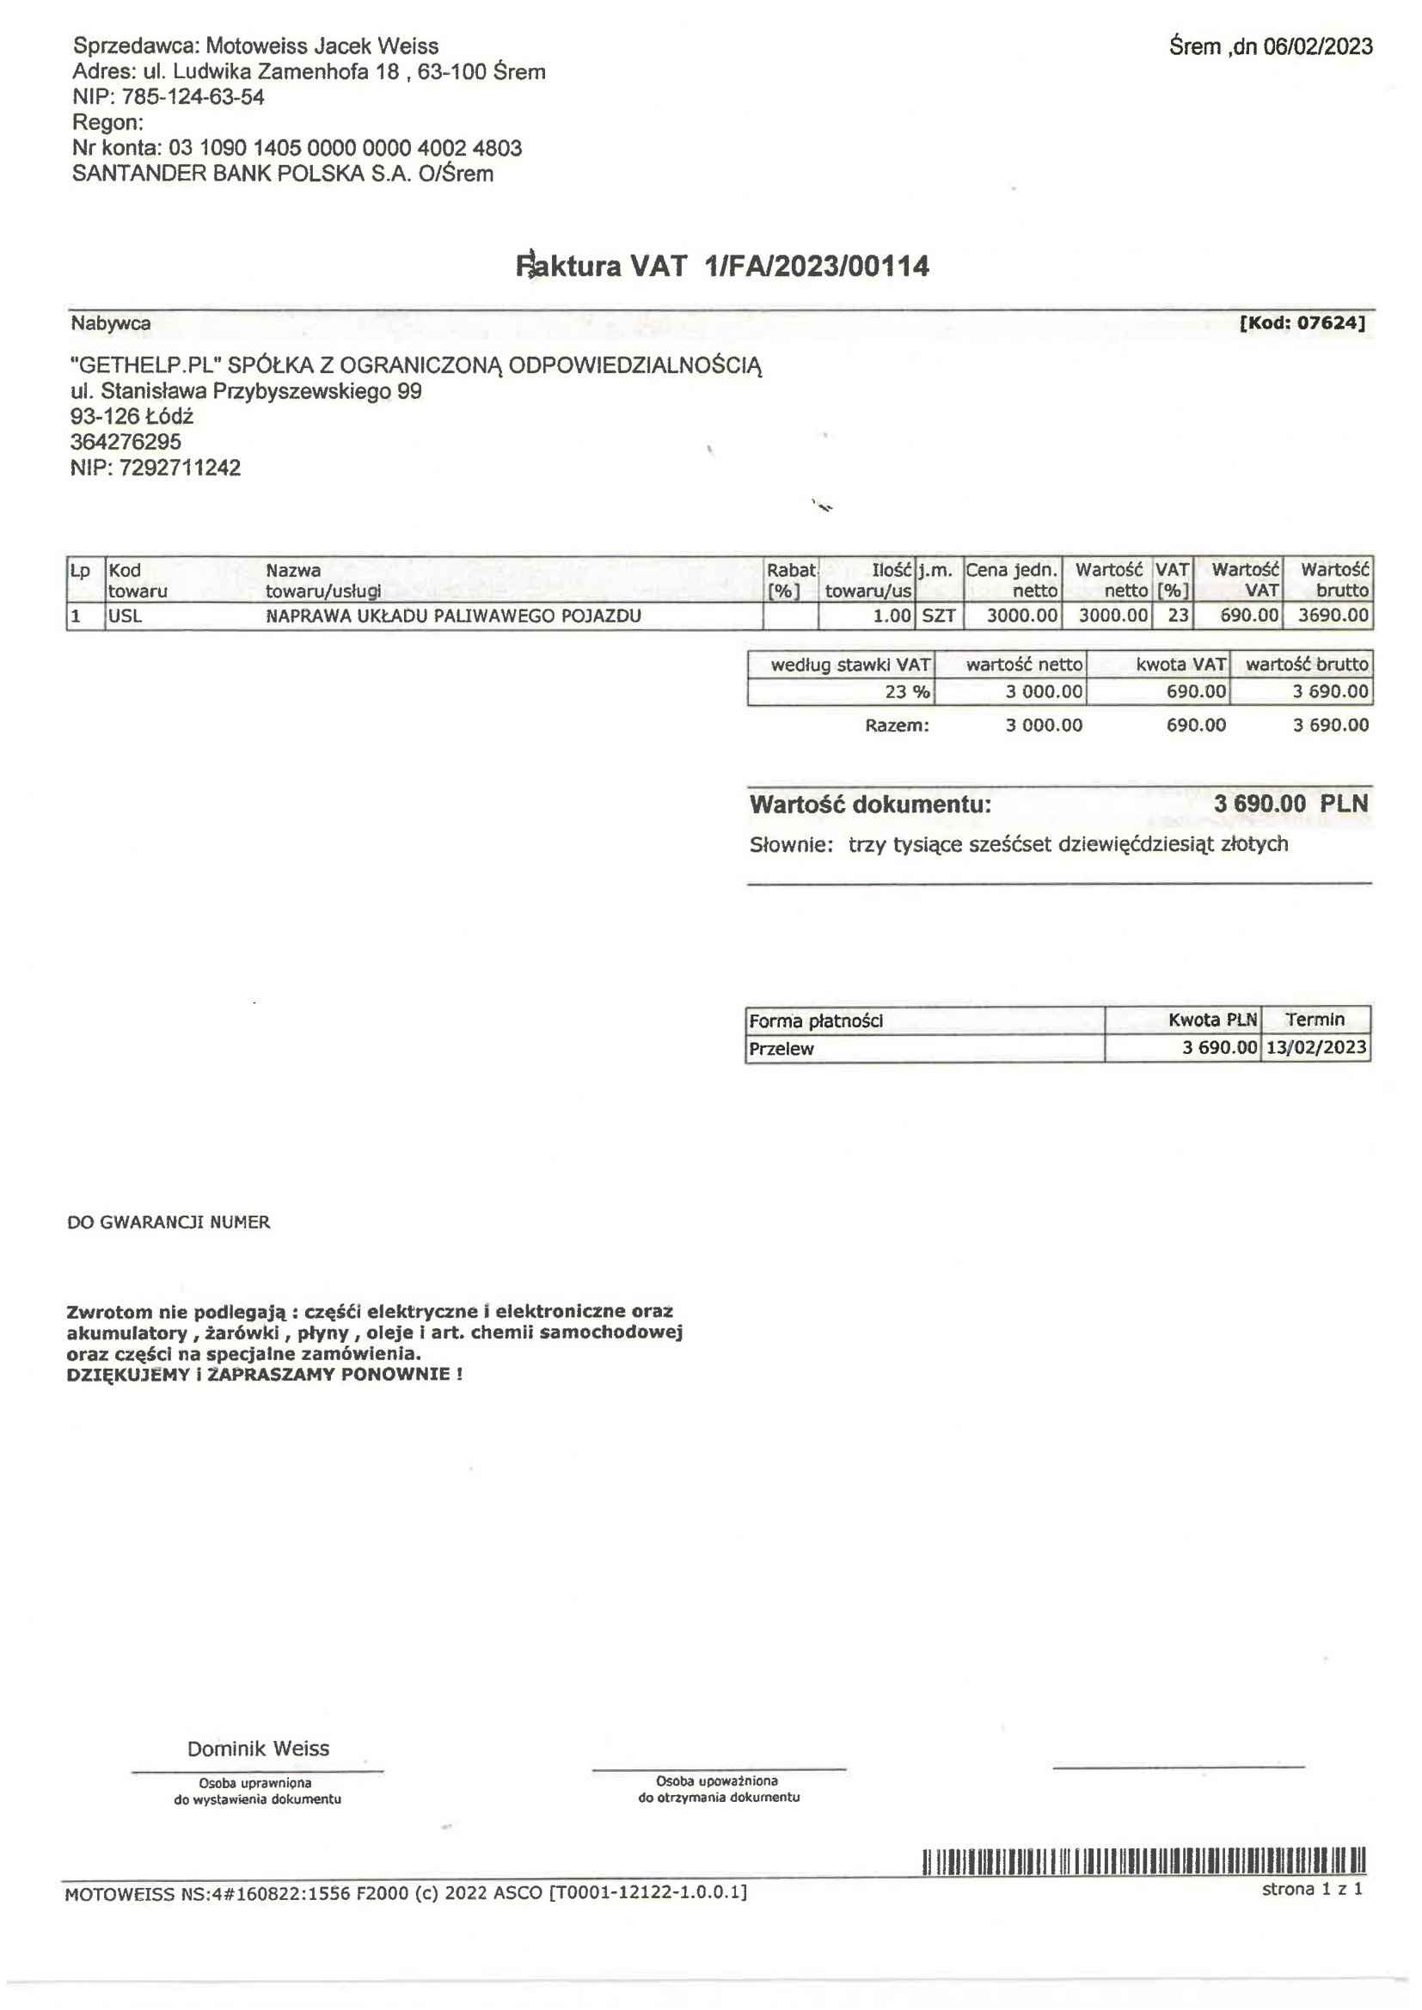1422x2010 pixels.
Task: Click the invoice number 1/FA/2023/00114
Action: pos(817,267)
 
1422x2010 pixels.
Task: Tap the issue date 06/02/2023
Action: pos(1317,46)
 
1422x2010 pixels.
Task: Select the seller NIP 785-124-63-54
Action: pos(193,96)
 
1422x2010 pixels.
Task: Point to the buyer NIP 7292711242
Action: pos(180,468)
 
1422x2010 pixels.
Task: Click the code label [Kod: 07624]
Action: pos(1302,323)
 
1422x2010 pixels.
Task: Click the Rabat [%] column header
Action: pos(791,579)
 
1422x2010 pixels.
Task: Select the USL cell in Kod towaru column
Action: pos(126,616)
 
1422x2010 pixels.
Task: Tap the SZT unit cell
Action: pos(939,616)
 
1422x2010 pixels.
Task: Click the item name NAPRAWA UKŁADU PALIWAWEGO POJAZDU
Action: pos(453,616)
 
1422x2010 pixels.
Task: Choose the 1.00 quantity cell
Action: pos(892,616)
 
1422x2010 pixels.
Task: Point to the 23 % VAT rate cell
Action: pos(907,691)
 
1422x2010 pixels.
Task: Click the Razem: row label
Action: pos(896,725)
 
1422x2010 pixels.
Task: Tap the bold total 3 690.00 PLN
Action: pos(1290,803)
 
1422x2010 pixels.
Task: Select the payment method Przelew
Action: pos(781,1048)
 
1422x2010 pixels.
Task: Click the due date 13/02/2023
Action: pos(1315,1047)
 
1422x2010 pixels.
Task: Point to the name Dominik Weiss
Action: pos(258,1749)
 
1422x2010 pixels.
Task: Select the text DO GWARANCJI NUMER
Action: pos(169,1223)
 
